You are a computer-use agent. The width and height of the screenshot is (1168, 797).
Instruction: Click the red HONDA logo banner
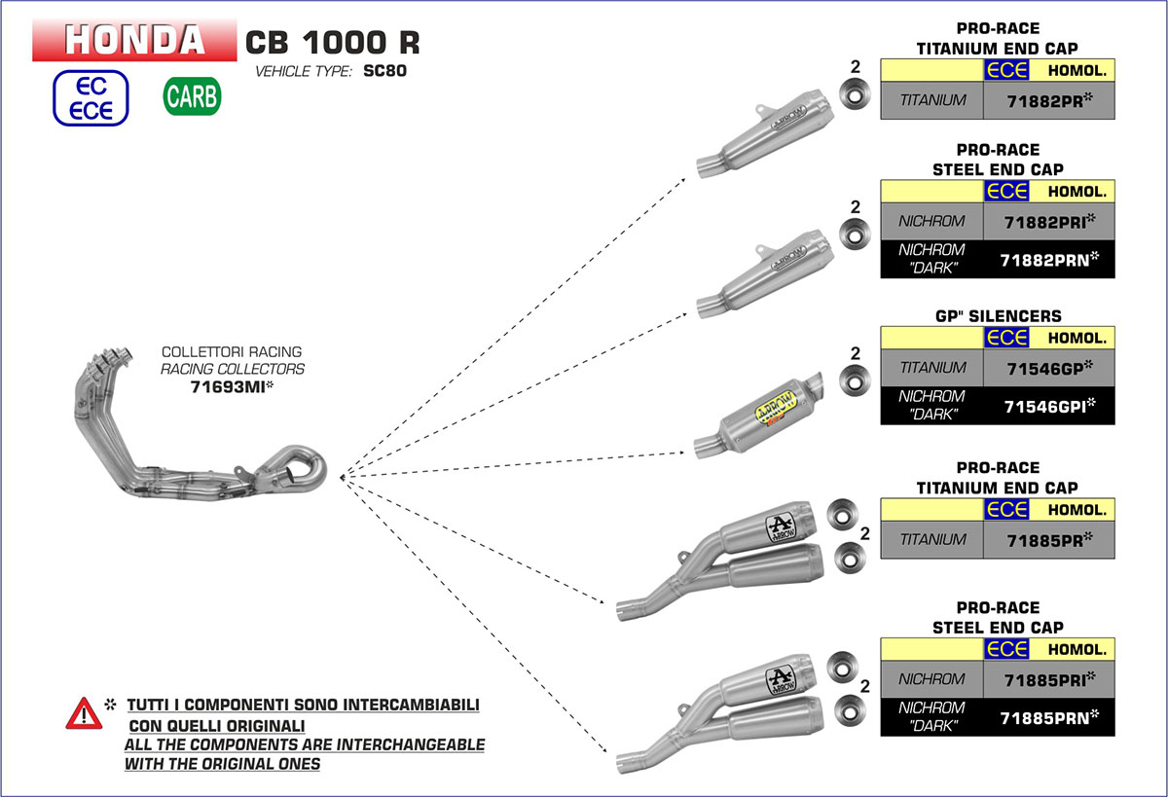coord(135,39)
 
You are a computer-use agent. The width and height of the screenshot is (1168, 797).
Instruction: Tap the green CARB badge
coord(192,96)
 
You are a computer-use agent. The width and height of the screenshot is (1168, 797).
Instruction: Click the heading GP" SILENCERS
coord(997,316)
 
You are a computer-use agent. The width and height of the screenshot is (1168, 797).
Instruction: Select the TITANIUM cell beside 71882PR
coord(931,100)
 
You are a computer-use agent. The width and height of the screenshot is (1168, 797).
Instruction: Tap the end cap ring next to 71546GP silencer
coord(855,380)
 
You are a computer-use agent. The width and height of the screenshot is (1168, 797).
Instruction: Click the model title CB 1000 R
coord(332,43)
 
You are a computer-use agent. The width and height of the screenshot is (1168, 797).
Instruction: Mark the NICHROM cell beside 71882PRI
coord(931,221)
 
